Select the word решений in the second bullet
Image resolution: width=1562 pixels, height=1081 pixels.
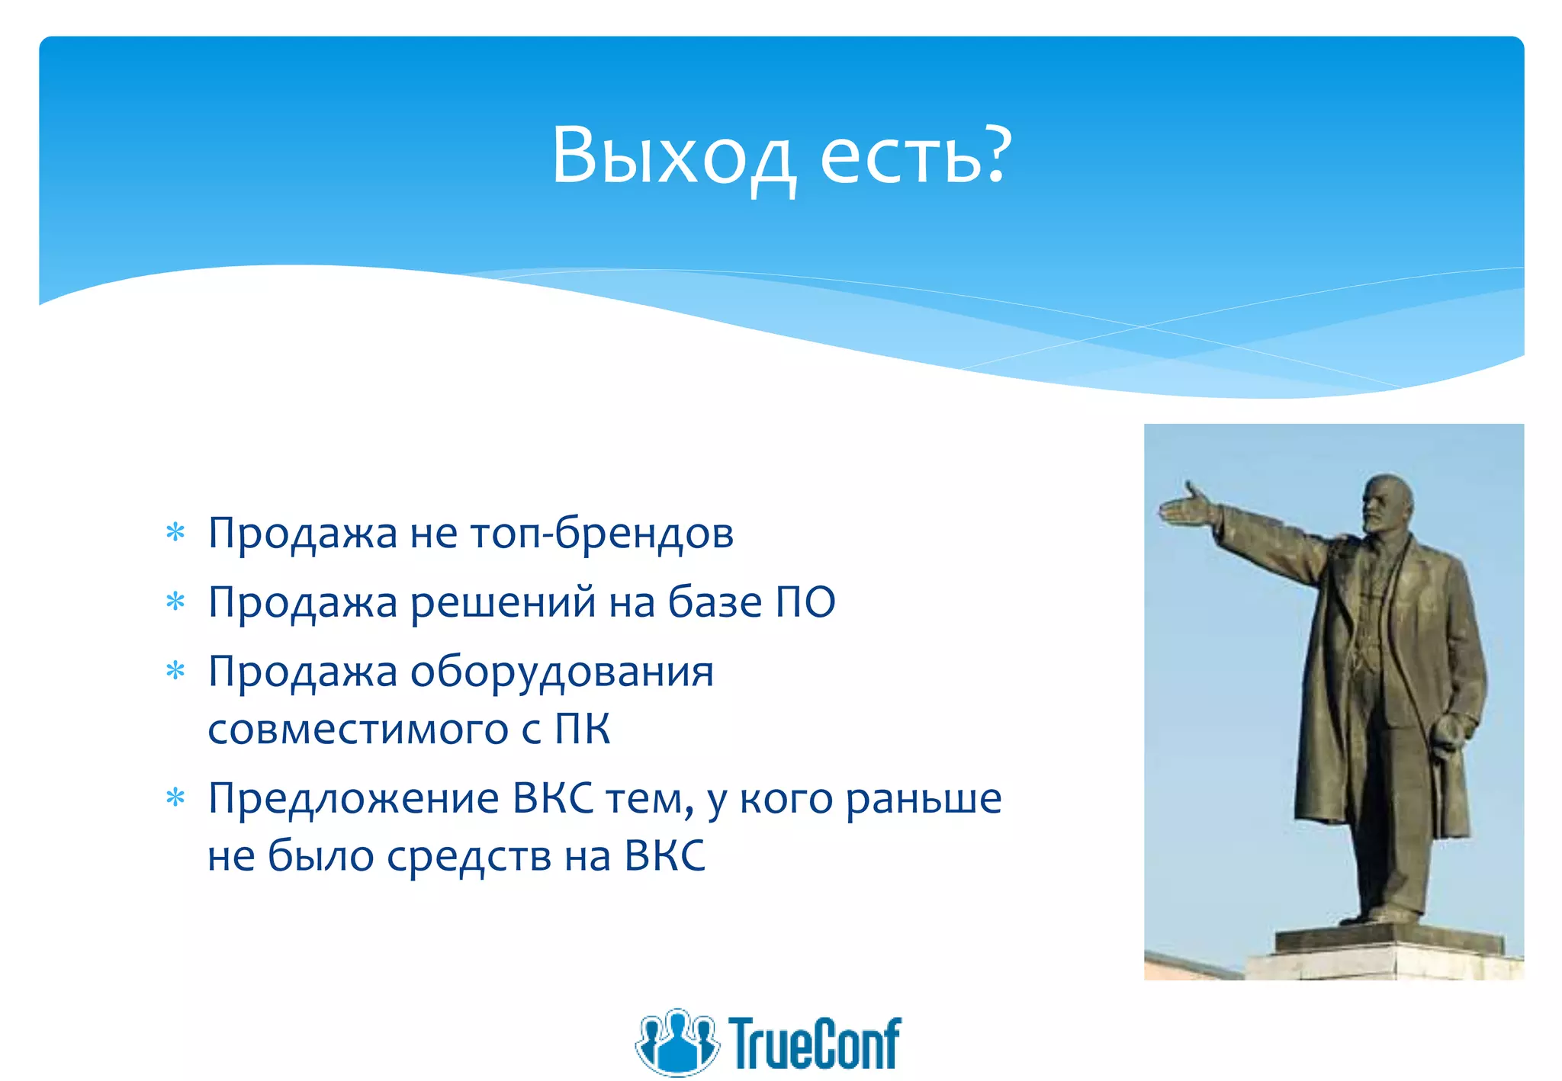[503, 602]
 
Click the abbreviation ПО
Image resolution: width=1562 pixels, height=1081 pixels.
[805, 602]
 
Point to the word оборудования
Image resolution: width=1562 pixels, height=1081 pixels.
[562, 672]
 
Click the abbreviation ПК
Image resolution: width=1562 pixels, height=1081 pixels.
[582, 729]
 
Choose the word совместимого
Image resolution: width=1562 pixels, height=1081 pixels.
[358, 729]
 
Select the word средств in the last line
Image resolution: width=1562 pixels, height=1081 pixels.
[468, 855]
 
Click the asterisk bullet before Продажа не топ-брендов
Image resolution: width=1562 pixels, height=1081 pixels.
[175, 532]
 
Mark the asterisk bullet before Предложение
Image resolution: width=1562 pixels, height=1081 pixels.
[175, 798]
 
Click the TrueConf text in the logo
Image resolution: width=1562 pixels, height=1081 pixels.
[815, 1043]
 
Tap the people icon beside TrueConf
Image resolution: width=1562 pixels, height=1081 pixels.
[677, 1041]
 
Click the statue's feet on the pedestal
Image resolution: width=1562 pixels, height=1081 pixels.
[1384, 915]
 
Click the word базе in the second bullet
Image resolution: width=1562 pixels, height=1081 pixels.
[715, 602]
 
